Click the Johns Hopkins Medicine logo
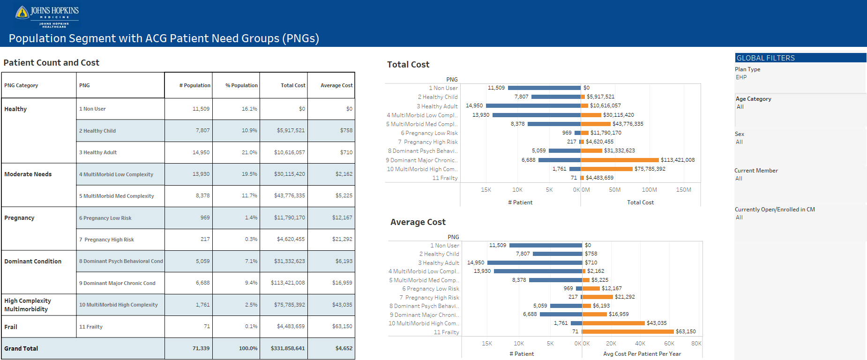[47, 16]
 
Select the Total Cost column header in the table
[293, 85]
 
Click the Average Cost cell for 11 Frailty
[343, 327]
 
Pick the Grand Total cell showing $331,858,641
[288, 349]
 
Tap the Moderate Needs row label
[28, 174]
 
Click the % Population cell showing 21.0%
[249, 152]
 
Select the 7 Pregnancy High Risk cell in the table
[106, 240]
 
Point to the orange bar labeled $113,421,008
[620, 160]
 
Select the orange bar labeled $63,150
[628, 331]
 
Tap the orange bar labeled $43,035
[613, 323]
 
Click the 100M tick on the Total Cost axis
[649, 190]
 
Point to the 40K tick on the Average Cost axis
[640, 344]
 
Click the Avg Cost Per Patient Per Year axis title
[642, 354]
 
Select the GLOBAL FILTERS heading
[766, 58]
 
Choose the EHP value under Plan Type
[741, 77]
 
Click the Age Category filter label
[753, 99]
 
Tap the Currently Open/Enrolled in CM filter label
[775, 210]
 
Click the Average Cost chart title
[418, 222]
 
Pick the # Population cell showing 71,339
[201, 349]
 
